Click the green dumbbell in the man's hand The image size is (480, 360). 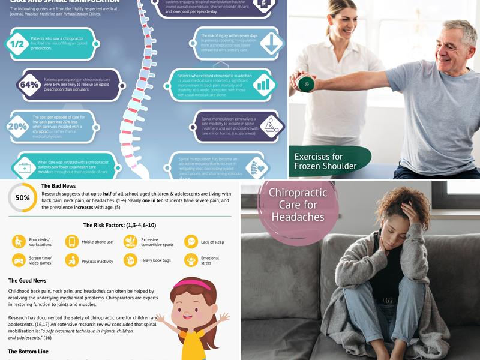pos(306,83)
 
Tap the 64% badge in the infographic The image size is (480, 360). pos(29,85)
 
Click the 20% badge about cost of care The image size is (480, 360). pos(17,126)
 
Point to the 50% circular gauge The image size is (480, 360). pos(22,197)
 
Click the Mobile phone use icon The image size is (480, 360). pos(72,241)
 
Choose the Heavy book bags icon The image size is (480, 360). pos(130,260)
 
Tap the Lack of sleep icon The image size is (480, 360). pos(191,241)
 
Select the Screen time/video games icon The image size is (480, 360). pos(19,260)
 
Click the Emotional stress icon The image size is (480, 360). pos(191,260)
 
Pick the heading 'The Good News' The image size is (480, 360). pos(28,281)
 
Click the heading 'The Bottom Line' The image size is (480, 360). pos(28,352)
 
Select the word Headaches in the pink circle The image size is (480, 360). pos(298,217)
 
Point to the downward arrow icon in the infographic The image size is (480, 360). pos(271,44)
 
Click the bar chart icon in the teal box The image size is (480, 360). pos(263,85)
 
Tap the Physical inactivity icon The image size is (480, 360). pos(72,260)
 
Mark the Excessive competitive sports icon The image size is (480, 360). pos(130,241)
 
